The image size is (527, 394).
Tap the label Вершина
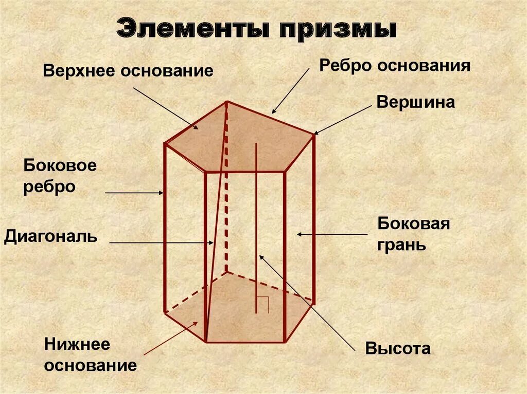[415, 102]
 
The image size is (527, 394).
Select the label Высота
[398, 348]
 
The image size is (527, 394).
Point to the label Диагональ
[50, 237]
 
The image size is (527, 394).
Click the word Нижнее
[77, 345]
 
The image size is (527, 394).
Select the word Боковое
[60, 166]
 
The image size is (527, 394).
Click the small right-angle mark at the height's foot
[263, 305]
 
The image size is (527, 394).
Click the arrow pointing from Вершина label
[343, 119]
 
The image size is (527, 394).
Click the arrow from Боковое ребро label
[134, 193]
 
